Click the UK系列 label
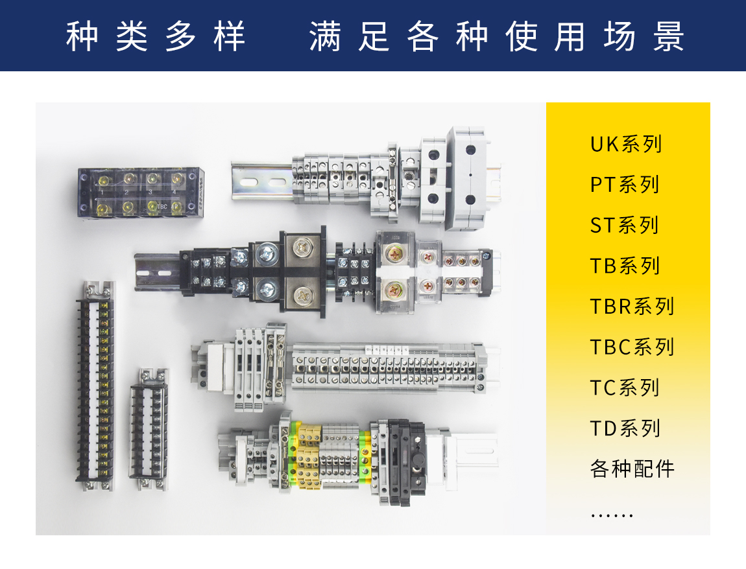[625, 144]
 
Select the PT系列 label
[625, 185]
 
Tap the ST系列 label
[625, 226]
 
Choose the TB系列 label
[625, 266]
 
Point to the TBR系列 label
[632, 306]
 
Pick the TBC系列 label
[632, 347]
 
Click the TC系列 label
[625, 388]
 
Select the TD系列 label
[625, 428]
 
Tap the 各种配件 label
[632, 469]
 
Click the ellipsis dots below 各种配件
[611, 515]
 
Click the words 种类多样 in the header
[156, 36]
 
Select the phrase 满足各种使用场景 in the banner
[497, 36]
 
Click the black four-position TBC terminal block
[141, 192]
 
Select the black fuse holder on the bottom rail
[406, 461]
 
